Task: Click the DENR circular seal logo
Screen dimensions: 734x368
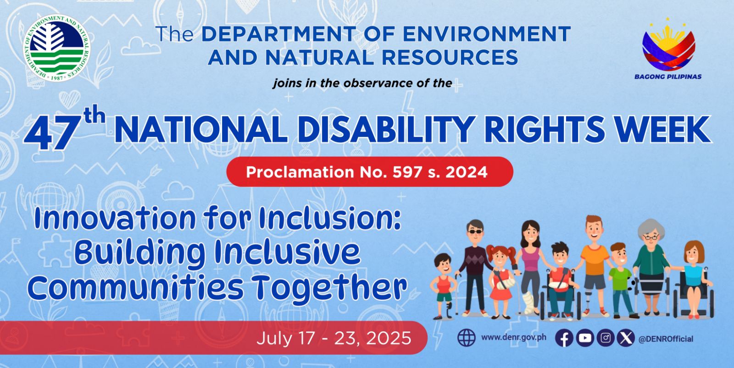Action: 57,48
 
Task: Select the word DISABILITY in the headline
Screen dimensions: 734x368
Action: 387,130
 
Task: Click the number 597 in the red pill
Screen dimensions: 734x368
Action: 408,172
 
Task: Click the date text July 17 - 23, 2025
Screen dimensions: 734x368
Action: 334,338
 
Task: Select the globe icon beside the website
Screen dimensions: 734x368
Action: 466,338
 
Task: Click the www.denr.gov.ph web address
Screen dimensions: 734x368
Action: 513,337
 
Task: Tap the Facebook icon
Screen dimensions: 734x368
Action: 564,338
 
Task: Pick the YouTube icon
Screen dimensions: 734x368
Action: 585,338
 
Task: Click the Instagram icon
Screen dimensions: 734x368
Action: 606,338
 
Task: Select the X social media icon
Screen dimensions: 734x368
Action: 626,338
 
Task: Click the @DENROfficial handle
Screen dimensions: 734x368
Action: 666,339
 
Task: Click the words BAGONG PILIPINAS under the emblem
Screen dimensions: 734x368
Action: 668,77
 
